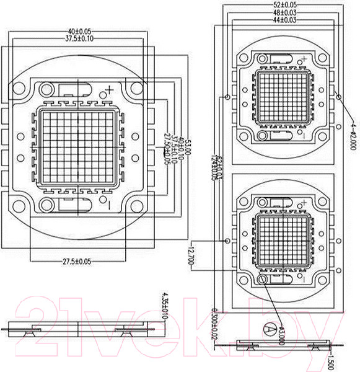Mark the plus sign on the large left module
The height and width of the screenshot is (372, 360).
point(110,90)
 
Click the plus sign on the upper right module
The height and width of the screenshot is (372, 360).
point(303,60)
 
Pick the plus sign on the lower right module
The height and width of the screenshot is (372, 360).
point(304,203)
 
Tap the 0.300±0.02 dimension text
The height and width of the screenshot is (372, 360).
point(215,322)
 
